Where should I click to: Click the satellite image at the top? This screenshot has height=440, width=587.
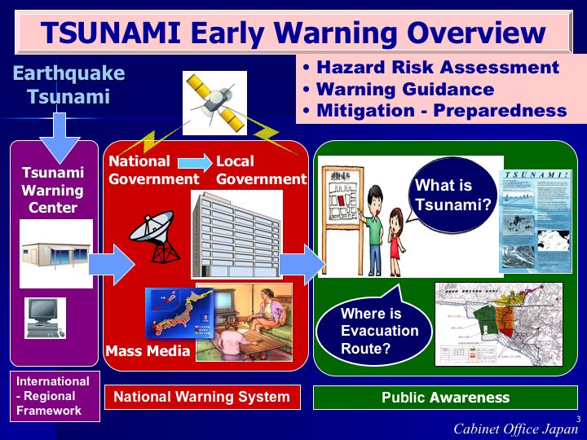(214, 103)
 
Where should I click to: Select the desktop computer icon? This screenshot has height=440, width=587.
(44, 318)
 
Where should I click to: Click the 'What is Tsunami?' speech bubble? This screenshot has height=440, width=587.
(451, 196)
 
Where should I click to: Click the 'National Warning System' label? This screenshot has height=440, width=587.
(201, 398)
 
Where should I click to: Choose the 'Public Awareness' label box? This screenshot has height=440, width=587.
(445, 398)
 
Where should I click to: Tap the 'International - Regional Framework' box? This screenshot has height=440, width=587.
(54, 396)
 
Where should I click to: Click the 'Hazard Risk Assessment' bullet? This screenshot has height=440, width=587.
(431, 68)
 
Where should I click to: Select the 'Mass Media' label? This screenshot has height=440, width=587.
(148, 352)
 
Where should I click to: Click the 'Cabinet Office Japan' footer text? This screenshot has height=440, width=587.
(516, 429)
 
